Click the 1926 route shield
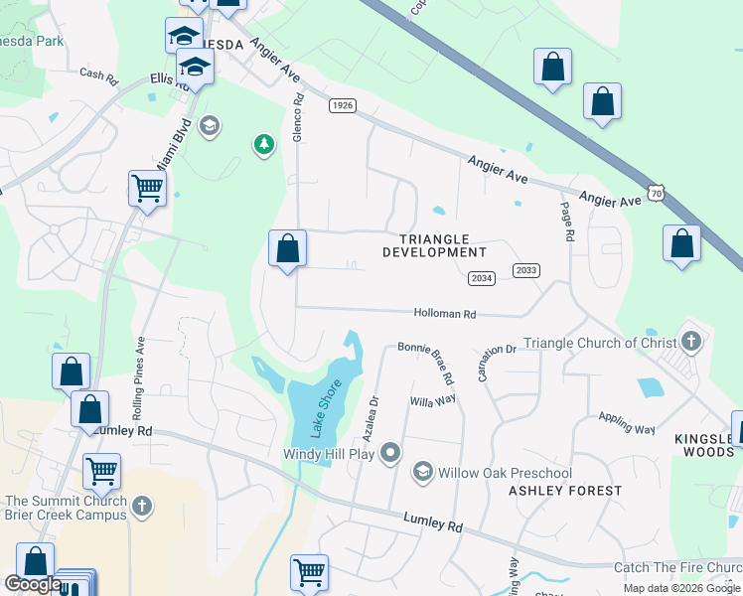(342, 105)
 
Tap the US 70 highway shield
(655, 193)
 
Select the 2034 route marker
(482, 279)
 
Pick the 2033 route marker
(526, 270)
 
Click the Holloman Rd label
(445, 314)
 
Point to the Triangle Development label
(435, 245)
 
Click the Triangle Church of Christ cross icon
(691, 343)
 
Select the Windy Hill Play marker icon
(391, 454)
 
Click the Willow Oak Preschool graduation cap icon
(423, 471)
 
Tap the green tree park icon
(263, 145)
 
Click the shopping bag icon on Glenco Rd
(287, 247)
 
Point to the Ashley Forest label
(565, 491)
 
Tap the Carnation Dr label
(498, 350)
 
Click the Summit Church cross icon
(142, 507)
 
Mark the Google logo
(32, 585)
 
